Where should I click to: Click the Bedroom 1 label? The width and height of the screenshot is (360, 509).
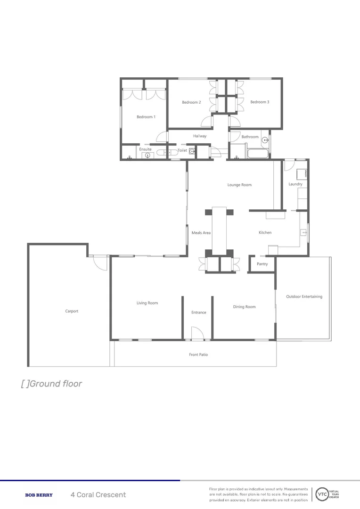(146, 117)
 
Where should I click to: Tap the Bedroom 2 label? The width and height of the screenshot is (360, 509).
(191, 102)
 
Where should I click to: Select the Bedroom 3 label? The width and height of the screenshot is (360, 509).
(260, 102)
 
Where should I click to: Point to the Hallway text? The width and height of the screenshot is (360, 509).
(200, 136)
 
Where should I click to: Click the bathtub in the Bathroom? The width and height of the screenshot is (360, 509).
(257, 154)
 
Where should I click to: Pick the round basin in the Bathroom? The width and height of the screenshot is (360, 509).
(265, 140)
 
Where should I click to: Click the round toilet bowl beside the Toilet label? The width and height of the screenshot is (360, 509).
(192, 151)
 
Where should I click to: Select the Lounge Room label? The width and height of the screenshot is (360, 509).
(239, 185)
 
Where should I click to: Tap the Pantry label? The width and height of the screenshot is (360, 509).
(262, 264)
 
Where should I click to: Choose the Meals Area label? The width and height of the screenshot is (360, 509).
(201, 233)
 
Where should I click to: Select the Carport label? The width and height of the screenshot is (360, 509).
(72, 311)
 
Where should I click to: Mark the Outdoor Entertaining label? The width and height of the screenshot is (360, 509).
(304, 296)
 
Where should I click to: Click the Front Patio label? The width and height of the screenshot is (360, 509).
(198, 354)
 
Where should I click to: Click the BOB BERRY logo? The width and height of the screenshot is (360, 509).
(39, 495)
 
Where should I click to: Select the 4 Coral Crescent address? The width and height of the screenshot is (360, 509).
(98, 495)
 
